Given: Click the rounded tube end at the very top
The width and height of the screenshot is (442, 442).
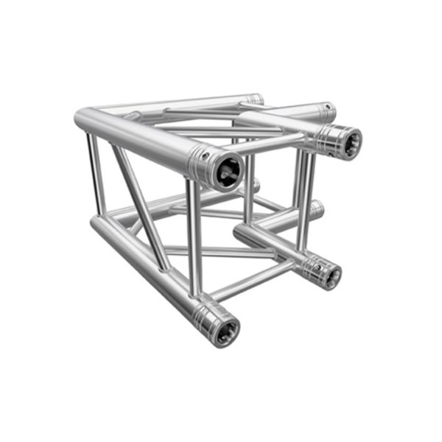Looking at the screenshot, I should (x=254, y=98).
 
